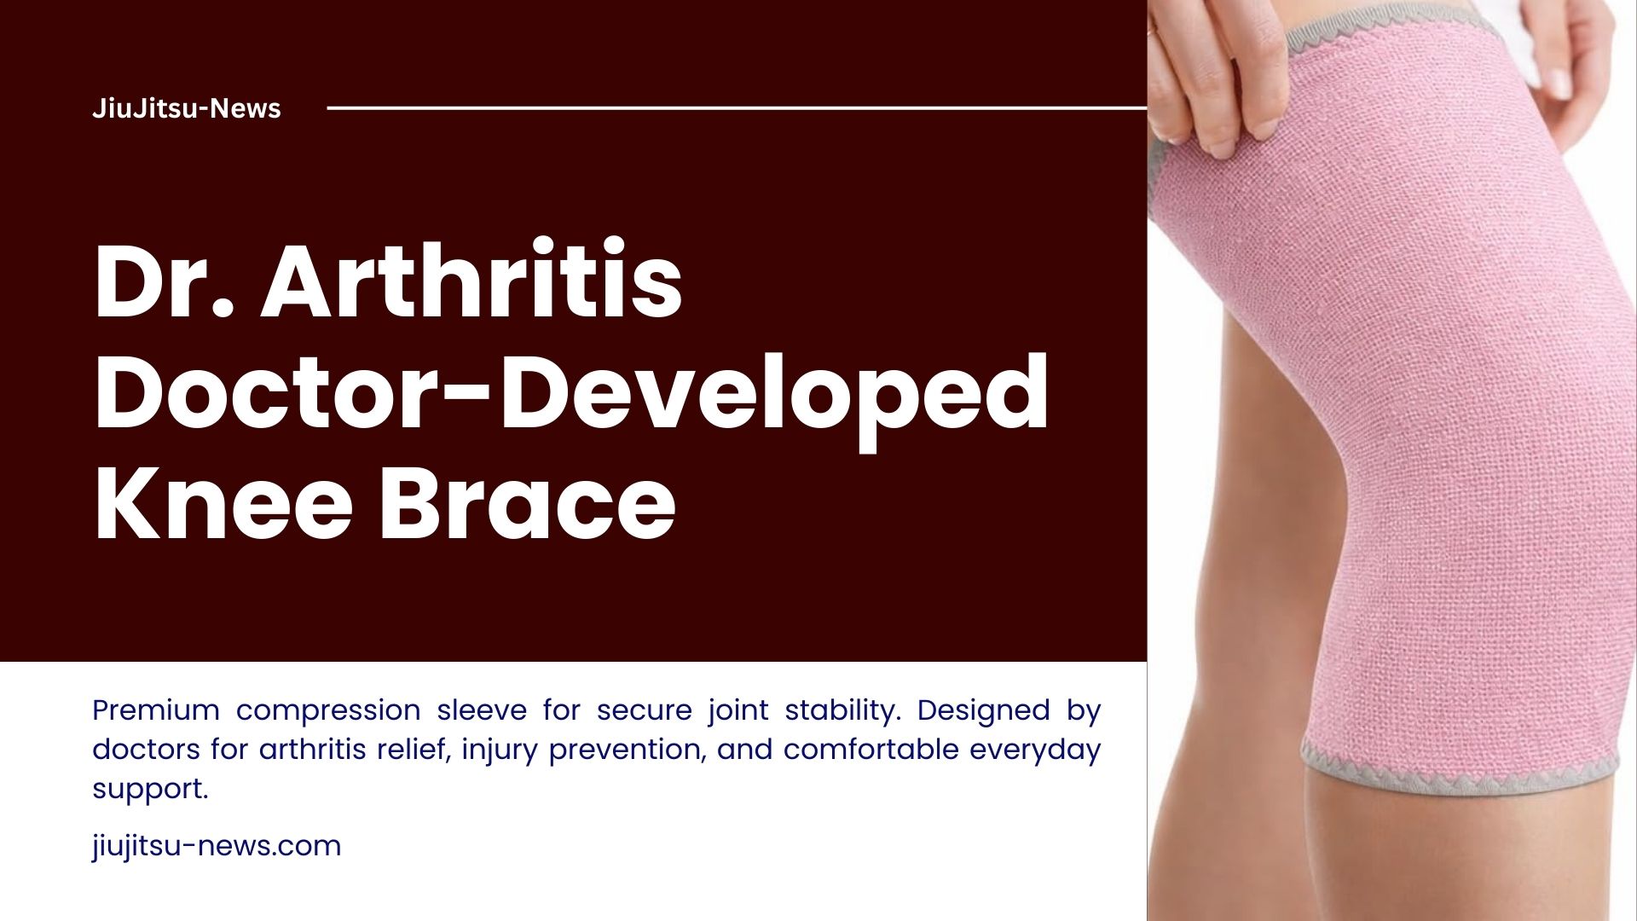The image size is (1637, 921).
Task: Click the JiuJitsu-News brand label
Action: tap(186, 108)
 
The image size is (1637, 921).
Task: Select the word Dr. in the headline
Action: tap(163, 281)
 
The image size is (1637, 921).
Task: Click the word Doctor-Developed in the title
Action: tap(570, 393)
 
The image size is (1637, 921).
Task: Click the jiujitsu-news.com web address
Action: tap(217, 846)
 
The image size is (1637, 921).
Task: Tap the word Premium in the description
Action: tap(156, 710)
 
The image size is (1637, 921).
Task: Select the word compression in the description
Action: tap(327, 711)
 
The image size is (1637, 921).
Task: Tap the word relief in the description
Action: tap(419, 749)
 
